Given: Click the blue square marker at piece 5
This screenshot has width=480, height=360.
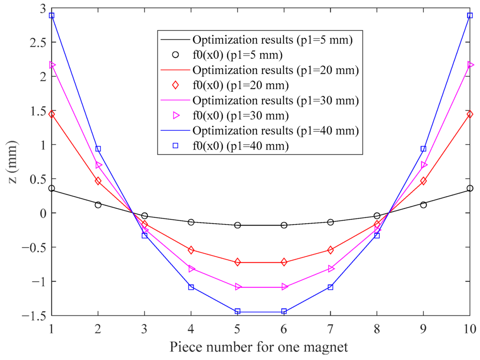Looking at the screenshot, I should pyautogui.click(x=238, y=312).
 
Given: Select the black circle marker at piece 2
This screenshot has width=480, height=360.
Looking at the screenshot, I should pyautogui.click(x=98, y=205).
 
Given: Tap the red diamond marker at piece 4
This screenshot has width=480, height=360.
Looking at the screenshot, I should pyautogui.click(x=191, y=250).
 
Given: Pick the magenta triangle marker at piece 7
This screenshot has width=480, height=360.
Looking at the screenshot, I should pyautogui.click(x=330, y=269).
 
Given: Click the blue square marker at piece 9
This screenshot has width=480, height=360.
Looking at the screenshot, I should pyautogui.click(x=423, y=149).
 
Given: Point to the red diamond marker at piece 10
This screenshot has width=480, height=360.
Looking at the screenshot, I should pyautogui.click(x=470, y=114).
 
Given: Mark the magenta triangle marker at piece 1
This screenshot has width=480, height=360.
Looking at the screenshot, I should pyautogui.click(x=52, y=65).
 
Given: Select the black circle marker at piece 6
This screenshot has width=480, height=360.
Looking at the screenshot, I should pyautogui.click(x=284, y=225).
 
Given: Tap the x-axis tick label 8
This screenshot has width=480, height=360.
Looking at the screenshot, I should pyautogui.click(x=377, y=326).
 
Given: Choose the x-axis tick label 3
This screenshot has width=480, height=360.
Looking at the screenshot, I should pyautogui.click(x=144, y=326).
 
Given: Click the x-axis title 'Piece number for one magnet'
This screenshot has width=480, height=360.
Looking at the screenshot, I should pyautogui.click(x=259, y=347).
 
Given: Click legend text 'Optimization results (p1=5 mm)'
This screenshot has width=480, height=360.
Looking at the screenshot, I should pyautogui.click(x=272, y=39).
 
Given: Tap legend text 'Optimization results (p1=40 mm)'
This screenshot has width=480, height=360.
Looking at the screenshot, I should pyautogui.click(x=276, y=131).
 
